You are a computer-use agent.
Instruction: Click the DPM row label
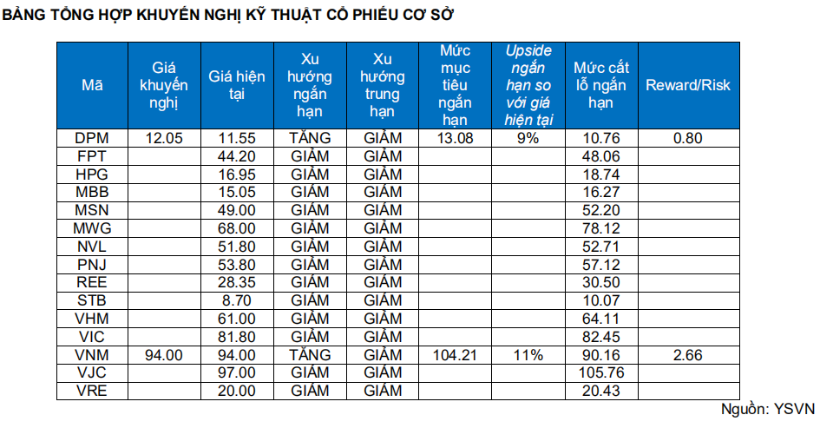pyautogui.click(x=92, y=138)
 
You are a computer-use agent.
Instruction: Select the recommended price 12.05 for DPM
pyautogui.click(x=164, y=138)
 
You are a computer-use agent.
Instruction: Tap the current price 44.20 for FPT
pyautogui.click(x=237, y=156)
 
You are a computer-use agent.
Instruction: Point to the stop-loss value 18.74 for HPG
pyautogui.click(x=600, y=174)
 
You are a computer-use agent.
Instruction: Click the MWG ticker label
pyautogui.click(x=92, y=228)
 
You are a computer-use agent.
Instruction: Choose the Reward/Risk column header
pyautogui.click(x=688, y=85)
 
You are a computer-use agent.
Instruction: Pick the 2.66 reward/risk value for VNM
pyautogui.click(x=688, y=354)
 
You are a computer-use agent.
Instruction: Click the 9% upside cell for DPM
pyautogui.click(x=528, y=138)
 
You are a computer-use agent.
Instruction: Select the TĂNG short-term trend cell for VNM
pyautogui.click(x=310, y=354)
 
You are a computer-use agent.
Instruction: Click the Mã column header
pyautogui.click(x=92, y=85)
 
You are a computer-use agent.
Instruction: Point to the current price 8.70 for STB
pyautogui.click(x=237, y=300)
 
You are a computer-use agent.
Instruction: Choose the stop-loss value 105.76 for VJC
pyautogui.click(x=600, y=372)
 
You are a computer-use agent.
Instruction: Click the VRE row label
pyautogui.click(x=92, y=391)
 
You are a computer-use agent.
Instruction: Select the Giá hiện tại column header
pyautogui.click(x=237, y=85)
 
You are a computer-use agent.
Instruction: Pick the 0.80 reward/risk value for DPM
pyautogui.click(x=688, y=138)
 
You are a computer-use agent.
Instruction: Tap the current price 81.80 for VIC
pyautogui.click(x=237, y=337)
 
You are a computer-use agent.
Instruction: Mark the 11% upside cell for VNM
pyautogui.click(x=528, y=354)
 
